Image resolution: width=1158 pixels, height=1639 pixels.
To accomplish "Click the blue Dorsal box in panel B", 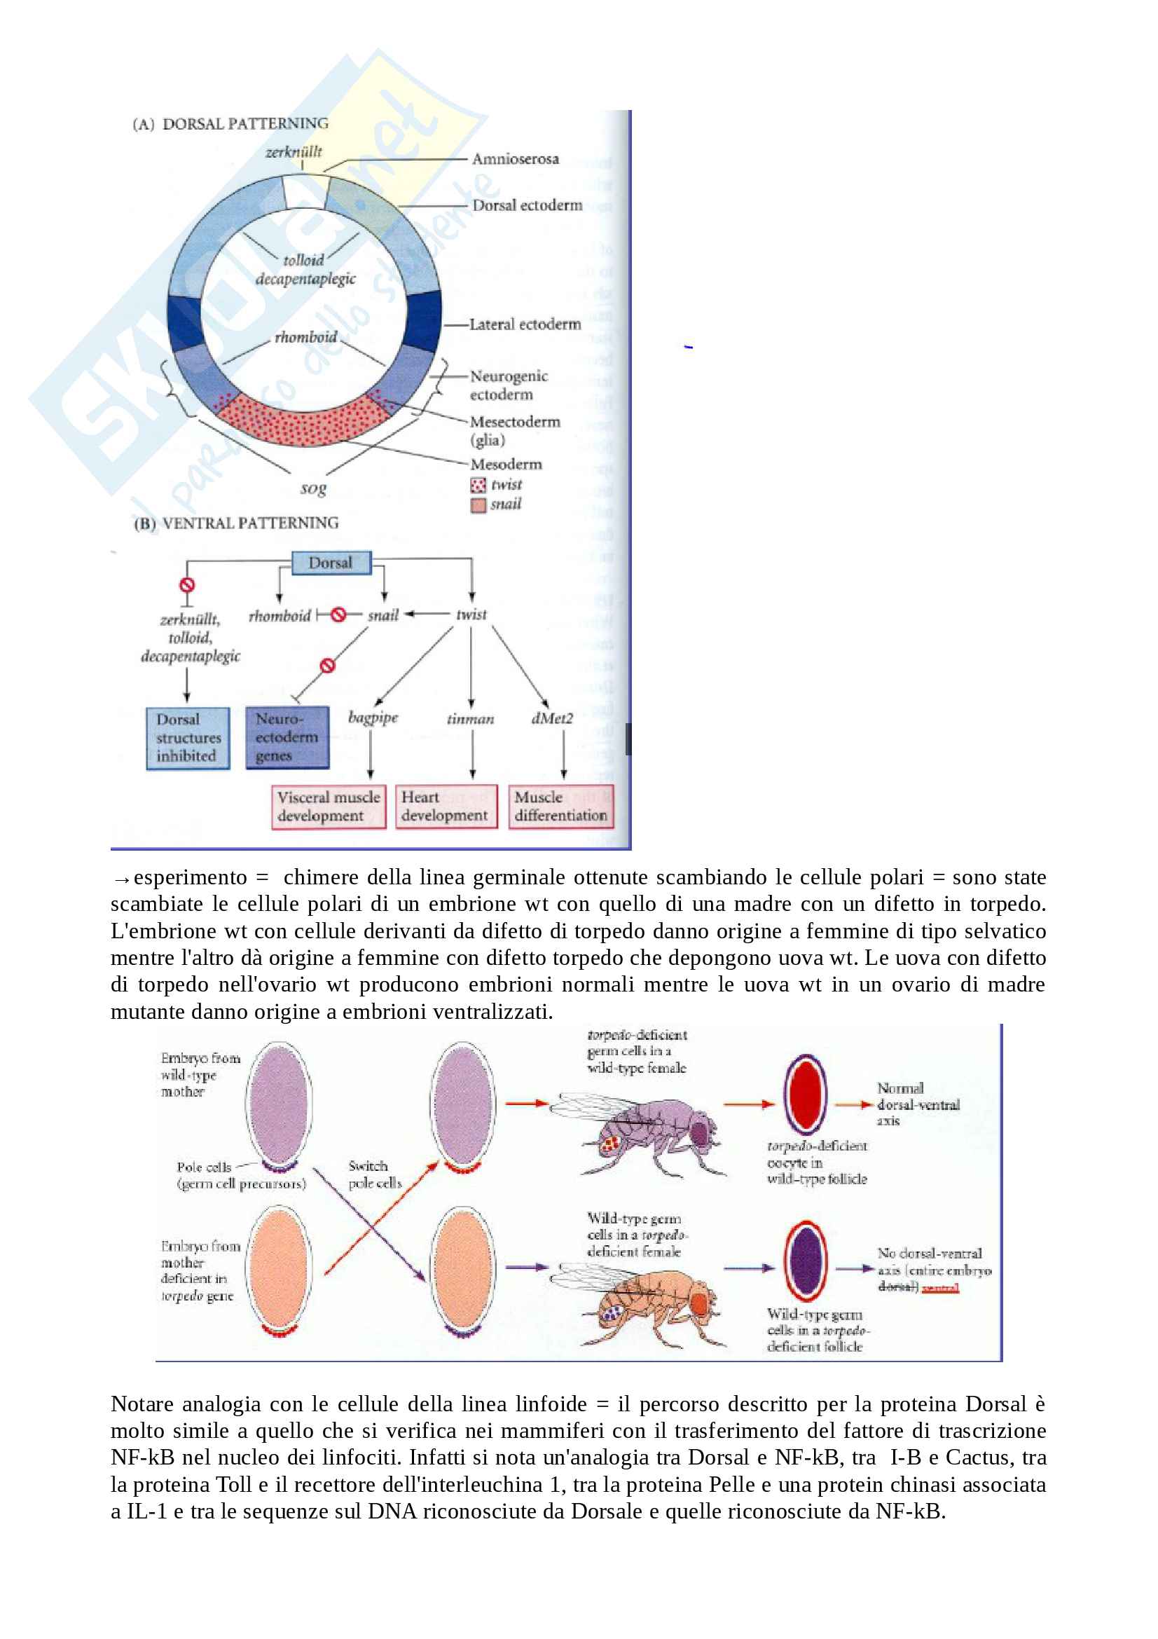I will pyautogui.click(x=332, y=563).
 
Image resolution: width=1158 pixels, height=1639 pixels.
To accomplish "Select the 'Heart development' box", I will pyautogui.click(x=446, y=807).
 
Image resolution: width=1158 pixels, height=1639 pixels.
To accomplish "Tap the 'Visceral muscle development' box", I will pyautogui.click(x=329, y=807).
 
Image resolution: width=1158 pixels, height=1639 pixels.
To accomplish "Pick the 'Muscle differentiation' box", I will pyautogui.click(x=561, y=807).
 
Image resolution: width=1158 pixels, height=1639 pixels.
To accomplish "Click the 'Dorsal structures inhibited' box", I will pyautogui.click(x=188, y=737).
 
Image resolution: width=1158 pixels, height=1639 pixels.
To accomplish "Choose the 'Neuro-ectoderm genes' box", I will pyautogui.click(x=287, y=736).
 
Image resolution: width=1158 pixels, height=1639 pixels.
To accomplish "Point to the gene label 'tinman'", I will pyautogui.click(x=470, y=719).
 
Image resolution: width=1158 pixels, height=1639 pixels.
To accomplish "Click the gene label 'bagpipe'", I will pyautogui.click(x=373, y=718).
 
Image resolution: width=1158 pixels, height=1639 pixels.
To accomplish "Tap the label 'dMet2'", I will pyautogui.click(x=551, y=718).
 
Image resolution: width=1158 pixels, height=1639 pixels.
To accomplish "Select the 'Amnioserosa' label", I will pyautogui.click(x=515, y=159).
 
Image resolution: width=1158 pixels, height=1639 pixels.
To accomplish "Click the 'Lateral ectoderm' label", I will pyautogui.click(x=525, y=324).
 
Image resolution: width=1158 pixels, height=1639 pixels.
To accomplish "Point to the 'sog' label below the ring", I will pyautogui.click(x=312, y=488).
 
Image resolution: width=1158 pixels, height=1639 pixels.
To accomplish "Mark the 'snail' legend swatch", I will pyautogui.click(x=478, y=505).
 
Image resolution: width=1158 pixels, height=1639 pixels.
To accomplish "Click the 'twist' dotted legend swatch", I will pyautogui.click(x=478, y=486).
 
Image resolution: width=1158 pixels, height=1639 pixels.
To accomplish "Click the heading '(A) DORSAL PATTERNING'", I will pyautogui.click(x=230, y=123).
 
